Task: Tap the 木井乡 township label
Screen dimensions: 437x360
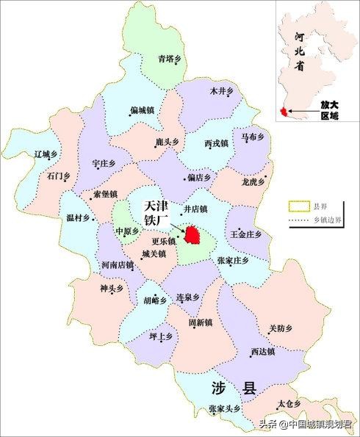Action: tap(220, 91)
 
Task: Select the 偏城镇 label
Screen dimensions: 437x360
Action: tap(142, 110)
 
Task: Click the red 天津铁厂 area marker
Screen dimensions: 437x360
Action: tap(194, 235)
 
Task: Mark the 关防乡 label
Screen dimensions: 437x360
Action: tap(280, 328)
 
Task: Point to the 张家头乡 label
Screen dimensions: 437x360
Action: tap(224, 408)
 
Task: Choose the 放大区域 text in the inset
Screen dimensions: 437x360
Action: tap(330, 110)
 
